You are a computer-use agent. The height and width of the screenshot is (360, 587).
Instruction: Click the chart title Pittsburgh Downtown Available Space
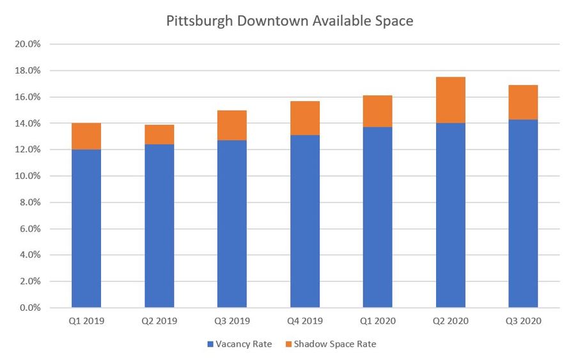290,20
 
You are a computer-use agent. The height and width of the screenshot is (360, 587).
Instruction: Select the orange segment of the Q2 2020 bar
451,100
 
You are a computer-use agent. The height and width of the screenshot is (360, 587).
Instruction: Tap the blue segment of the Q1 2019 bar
86,228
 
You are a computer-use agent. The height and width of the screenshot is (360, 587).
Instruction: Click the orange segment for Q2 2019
159,134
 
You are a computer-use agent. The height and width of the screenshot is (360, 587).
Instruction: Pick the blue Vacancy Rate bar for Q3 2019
232,224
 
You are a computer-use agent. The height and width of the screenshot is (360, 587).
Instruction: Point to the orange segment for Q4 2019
305,118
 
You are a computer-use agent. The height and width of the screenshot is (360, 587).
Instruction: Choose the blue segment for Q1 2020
378,217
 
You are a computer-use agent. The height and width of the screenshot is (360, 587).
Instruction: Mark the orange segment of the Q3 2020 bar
523,102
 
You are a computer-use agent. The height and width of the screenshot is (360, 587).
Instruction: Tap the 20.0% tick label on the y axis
27,44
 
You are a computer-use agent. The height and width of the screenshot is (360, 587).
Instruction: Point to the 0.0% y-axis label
29,308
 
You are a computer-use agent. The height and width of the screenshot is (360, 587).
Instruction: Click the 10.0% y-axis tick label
27,176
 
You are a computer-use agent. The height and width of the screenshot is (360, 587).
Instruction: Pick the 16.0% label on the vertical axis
27,97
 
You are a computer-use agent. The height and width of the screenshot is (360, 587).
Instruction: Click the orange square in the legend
288,344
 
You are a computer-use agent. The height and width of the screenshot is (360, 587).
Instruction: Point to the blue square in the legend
210,344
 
